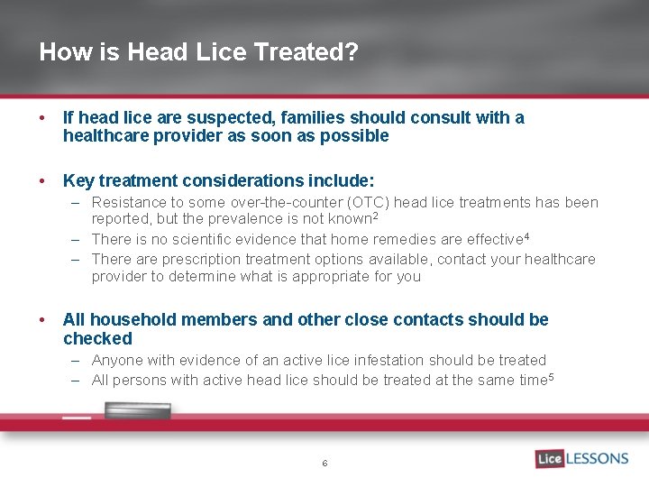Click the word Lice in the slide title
click(224, 51)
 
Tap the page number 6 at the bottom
click(324, 464)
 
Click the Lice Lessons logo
click(581, 458)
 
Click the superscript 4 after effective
click(526, 236)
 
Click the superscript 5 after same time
click(550, 377)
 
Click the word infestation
click(382, 361)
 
